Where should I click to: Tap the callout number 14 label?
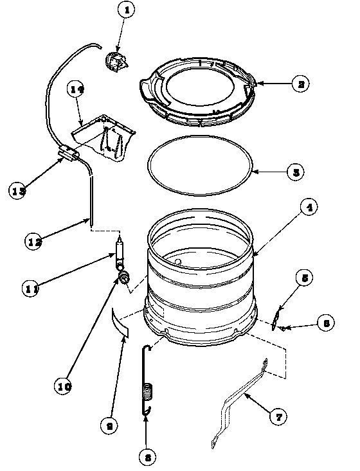point(76,91)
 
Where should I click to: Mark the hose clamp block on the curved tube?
point(67,154)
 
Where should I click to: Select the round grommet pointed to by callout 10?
point(123,276)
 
